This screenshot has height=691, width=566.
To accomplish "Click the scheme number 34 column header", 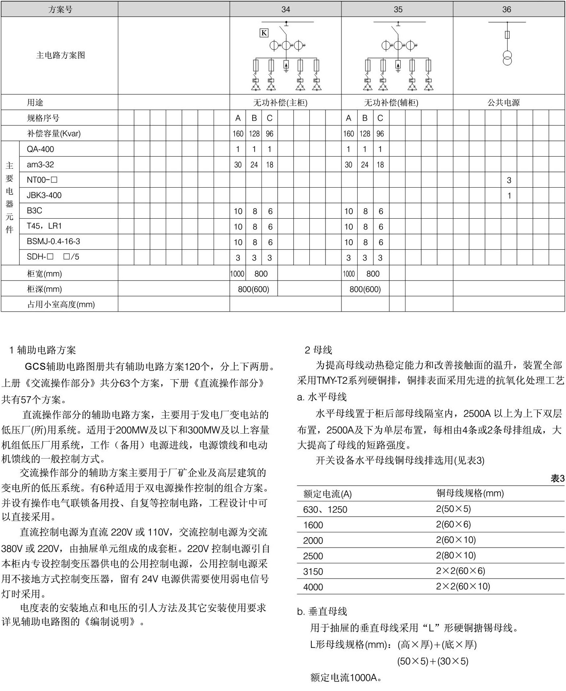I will [286, 9].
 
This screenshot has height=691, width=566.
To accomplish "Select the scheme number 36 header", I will [506, 9].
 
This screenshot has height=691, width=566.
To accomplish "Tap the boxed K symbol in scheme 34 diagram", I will [264, 33].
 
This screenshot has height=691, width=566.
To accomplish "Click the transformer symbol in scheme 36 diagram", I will [507, 58].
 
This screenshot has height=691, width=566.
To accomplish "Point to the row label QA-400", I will [40, 149].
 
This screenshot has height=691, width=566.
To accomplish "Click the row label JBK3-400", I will [44, 195].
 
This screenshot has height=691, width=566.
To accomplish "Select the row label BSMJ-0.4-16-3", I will [54, 242].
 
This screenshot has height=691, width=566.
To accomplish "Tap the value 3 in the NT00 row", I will [509, 180].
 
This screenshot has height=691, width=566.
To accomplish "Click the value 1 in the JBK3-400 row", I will [509, 196].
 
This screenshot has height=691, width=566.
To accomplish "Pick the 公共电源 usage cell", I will [504, 103].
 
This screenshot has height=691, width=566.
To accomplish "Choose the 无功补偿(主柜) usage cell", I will [280, 103].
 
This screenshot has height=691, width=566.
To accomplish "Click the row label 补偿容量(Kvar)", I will [54, 134].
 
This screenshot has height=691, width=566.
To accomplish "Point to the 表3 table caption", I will [558, 478].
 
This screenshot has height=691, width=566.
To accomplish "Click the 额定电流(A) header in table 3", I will [327, 494].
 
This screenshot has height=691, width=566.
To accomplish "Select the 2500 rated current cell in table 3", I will [313, 556].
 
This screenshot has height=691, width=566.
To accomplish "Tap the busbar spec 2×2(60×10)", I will [463, 586].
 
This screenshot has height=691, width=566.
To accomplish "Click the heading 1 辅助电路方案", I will [43, 350].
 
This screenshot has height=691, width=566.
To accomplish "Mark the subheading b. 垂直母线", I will [322, 611].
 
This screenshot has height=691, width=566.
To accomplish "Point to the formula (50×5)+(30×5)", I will [432, 661].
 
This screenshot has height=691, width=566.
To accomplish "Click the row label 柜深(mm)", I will [44, 289].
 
